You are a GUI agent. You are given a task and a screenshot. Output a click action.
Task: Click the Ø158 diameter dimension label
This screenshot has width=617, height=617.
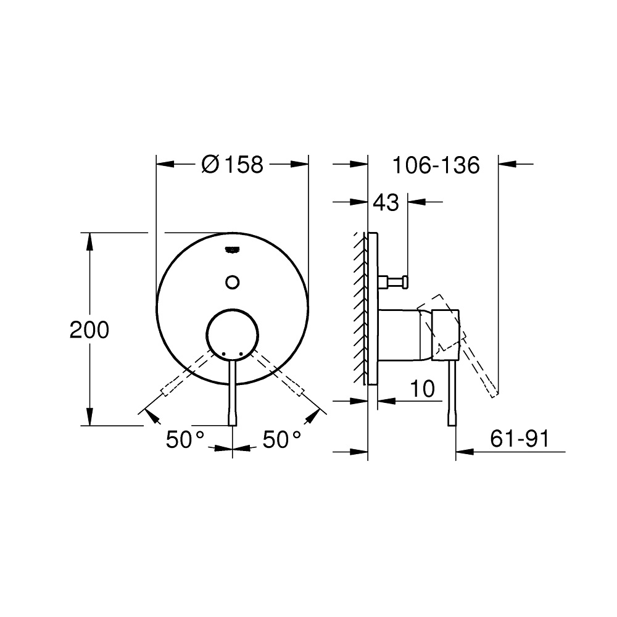point(232,165)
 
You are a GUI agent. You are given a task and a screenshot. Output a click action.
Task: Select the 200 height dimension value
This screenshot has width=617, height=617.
point(89,329)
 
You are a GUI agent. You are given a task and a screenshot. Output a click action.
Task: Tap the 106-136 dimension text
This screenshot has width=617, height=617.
point(436,165)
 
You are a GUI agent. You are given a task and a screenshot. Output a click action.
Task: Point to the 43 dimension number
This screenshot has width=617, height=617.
point(386,202)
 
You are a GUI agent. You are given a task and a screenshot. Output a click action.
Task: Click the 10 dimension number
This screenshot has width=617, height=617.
point(423,389)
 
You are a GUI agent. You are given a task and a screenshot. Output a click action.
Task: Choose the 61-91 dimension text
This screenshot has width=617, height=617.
point(520,438)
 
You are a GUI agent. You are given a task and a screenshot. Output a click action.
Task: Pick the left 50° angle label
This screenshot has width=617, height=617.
point(185,439)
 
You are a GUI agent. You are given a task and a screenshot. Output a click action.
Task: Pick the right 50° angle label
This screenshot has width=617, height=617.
point(282,439)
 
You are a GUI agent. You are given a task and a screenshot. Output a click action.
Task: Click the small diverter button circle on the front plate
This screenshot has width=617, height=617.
point(233,282)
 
